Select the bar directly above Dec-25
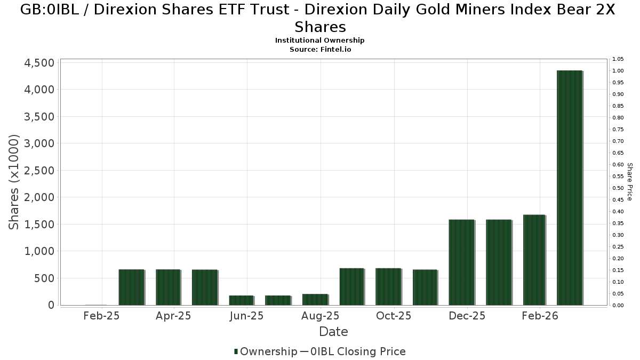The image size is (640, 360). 462,262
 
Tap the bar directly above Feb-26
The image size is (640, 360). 534,260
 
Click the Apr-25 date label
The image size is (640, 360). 174,316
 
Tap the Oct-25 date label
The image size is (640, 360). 394,316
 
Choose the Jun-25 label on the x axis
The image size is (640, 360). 246,316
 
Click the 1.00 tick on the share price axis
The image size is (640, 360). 618,71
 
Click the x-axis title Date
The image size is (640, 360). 333,332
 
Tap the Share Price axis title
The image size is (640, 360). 630,182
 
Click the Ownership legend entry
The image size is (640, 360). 266,351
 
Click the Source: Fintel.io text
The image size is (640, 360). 320,49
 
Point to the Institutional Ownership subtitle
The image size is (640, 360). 320,41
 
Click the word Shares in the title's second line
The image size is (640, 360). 320,27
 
